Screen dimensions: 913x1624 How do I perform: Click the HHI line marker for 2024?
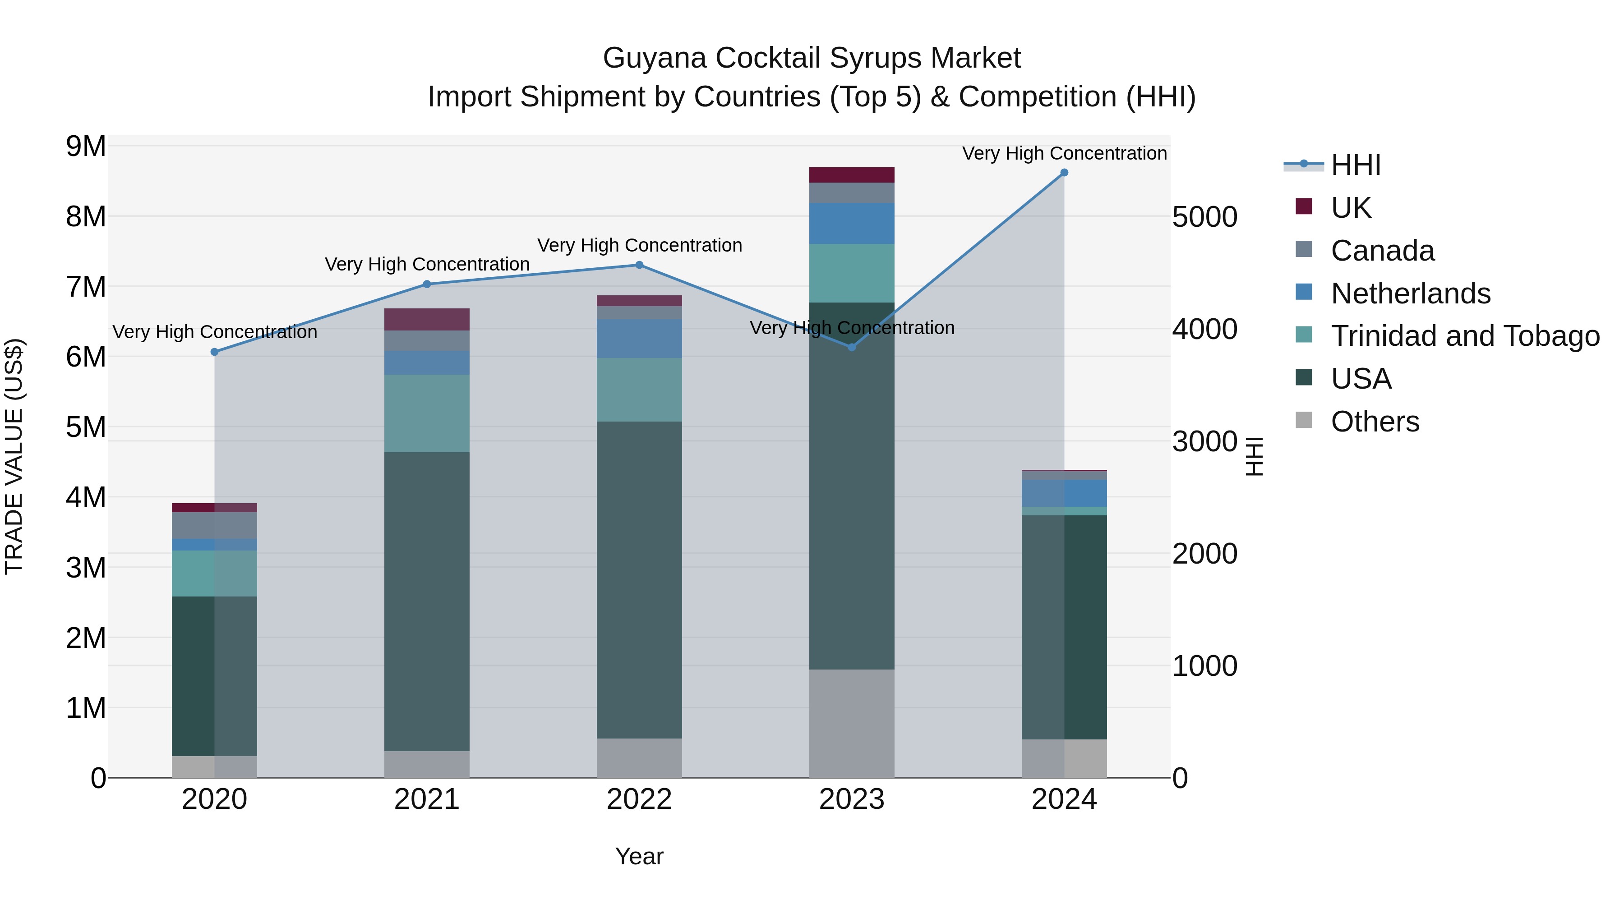tap(1064, 173)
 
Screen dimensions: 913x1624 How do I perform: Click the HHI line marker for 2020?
tap(214, 352)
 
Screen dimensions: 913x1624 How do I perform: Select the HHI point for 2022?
tap(639, 265)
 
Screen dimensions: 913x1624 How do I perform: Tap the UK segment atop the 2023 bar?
tap(851, 174)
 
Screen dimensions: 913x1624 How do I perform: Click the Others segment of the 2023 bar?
tap(851, 723)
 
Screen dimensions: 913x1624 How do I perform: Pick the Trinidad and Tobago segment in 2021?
tap(427, 413)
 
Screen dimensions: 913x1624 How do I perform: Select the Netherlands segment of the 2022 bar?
tap(639, 338)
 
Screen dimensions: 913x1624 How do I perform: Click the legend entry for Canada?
tap(1382, 251)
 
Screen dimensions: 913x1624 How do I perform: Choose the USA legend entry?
tap(1361, 379)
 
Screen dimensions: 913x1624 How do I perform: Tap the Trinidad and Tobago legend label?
tap(1464, 336)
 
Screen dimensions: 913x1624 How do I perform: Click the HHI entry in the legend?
tap(1356, 165)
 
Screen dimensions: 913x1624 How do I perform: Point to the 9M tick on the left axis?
tap(86, 146)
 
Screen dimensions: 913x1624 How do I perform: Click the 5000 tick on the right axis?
tap(1204, 217)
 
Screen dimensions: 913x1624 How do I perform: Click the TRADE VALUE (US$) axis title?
tap(14, 456)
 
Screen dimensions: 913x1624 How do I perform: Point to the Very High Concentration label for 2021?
tap(427, 264)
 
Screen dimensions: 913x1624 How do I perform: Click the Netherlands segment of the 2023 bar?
tap(851, 223)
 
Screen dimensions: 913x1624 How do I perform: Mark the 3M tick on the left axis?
tap(86, 568)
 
